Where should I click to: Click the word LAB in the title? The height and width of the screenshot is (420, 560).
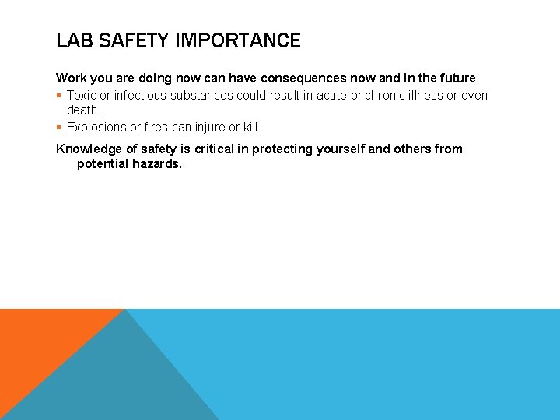pyautogui.click(x=72, y=40)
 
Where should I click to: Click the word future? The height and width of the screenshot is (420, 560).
pyautogui.click(x=455, y=79)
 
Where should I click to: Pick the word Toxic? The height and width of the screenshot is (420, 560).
pyautogui.click(x=81, y=96)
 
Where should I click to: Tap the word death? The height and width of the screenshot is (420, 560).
pyautogui.click(x=83, y=110)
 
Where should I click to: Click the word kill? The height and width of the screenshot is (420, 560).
pyautogui.click(x=252, y=127)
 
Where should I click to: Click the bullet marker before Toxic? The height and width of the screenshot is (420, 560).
pyautogui.click(x=59, y=96)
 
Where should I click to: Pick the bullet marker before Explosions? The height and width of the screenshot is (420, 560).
pyautogui.click(x=59, y=127)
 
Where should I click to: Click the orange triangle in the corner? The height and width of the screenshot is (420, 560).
pyautogui.click(x=39, y=342)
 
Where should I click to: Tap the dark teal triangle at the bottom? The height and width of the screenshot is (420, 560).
pyautogui.click(x=117, y=381)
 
